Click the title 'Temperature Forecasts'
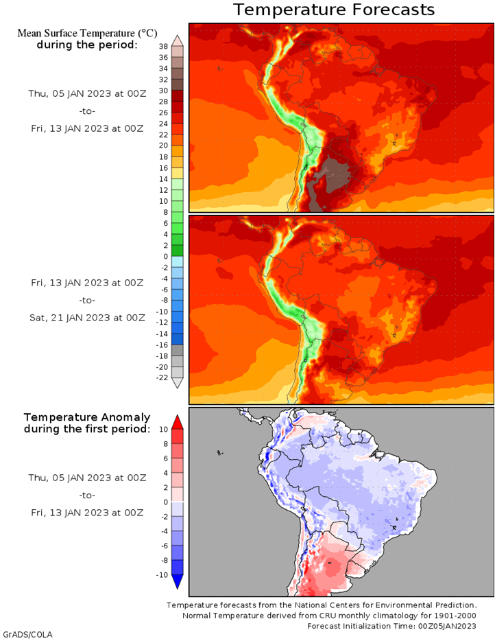333,10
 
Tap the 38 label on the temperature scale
163,47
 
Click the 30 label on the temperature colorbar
163,91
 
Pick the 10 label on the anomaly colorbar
163,429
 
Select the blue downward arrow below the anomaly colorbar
177,582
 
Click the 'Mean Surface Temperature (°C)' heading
86,33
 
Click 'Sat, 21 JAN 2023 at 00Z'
86,317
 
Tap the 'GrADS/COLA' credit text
27,633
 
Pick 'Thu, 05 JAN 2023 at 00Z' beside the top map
86,93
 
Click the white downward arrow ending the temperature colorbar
177,384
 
